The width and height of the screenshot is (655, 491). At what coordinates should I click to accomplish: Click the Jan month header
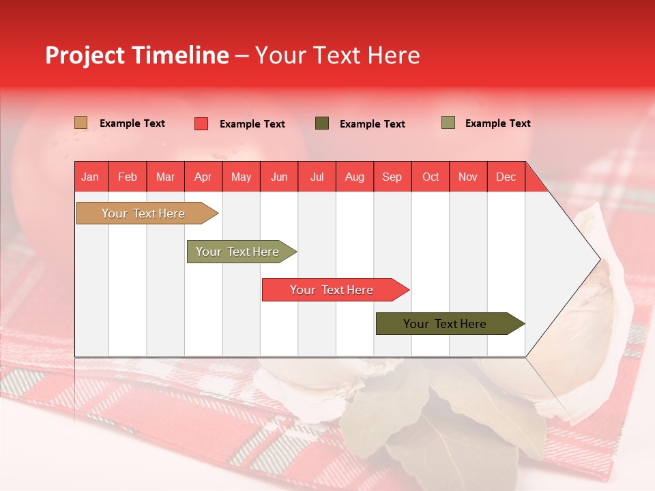90,177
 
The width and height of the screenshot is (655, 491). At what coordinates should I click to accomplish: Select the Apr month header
203,177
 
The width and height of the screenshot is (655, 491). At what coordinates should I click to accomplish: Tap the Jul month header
317,177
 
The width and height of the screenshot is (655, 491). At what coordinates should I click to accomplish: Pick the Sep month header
392,177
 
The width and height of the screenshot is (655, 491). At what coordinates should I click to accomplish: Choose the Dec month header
506,177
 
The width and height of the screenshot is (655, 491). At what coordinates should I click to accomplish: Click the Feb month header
128,177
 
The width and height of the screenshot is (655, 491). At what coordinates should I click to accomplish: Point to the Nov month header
468,177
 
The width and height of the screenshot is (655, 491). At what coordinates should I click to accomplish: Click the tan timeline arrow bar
143,213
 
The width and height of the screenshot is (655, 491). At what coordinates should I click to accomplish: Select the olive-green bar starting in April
237,252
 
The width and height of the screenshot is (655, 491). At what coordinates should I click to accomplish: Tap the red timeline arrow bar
332,290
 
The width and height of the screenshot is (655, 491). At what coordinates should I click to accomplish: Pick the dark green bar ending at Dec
445,324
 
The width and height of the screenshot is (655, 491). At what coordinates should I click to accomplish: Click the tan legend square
81,123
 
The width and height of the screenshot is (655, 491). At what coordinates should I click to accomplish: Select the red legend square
201,123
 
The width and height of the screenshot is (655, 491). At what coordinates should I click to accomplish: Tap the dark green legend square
322,123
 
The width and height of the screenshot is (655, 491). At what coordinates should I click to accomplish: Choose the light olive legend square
448,123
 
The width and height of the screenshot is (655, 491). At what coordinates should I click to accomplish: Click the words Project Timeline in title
136,55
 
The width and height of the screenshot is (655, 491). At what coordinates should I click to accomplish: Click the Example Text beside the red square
252,124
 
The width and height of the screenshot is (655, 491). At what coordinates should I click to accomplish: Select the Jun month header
279,177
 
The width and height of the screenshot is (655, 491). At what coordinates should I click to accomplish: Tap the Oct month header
431,177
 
